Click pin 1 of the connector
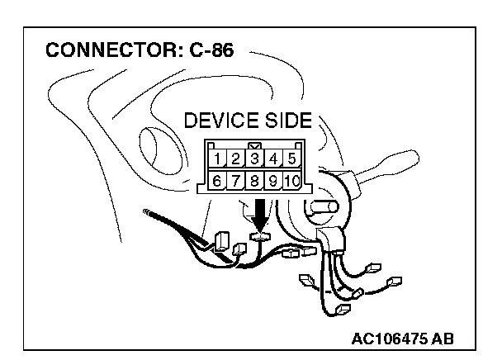click(216, 159)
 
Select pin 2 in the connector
click(235, 159)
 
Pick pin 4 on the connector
click(273, 159)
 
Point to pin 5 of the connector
click(291, 159)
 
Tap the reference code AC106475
click(387, 339)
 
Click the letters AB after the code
click(442, 339)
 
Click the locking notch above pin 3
click(255, 144)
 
